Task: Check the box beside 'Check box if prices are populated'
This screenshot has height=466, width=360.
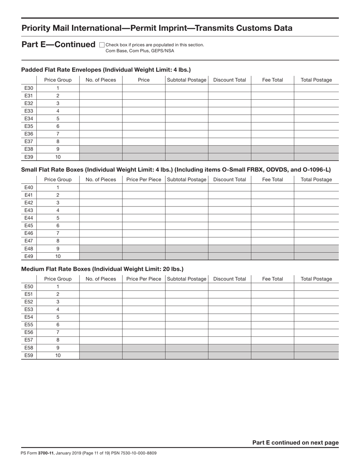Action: click(102, 45)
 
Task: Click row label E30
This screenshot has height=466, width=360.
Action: click(29, 88)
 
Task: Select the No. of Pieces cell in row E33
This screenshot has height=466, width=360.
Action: click(101, 111)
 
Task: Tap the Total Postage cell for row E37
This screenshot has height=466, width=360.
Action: click(316, 141)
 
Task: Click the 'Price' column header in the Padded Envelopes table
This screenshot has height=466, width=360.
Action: click(144, 80)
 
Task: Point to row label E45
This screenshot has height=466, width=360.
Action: click(29, 225)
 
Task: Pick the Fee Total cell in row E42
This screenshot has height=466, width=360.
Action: click(272, 203)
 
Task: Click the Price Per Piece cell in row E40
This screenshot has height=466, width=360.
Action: click(144, 187)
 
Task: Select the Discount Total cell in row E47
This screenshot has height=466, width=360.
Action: click(230, 241)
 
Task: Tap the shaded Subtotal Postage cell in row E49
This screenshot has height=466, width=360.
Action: click(186, 256)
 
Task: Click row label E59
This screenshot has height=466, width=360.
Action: click(29, 355)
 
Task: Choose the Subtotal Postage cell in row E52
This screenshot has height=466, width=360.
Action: click(186, 302)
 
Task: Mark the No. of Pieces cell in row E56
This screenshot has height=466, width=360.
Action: click(101, 332)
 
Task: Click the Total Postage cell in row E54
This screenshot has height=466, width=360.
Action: click(316, 317)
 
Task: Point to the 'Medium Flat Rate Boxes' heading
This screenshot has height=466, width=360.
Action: click(102, 269)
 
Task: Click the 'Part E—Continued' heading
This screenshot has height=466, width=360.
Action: click(58, 45)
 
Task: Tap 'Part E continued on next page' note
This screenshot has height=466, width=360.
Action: click(295, 443)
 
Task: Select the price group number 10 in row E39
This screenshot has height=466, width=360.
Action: click(58, 157)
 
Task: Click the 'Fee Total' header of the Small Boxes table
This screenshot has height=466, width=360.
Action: click(272, 180)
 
